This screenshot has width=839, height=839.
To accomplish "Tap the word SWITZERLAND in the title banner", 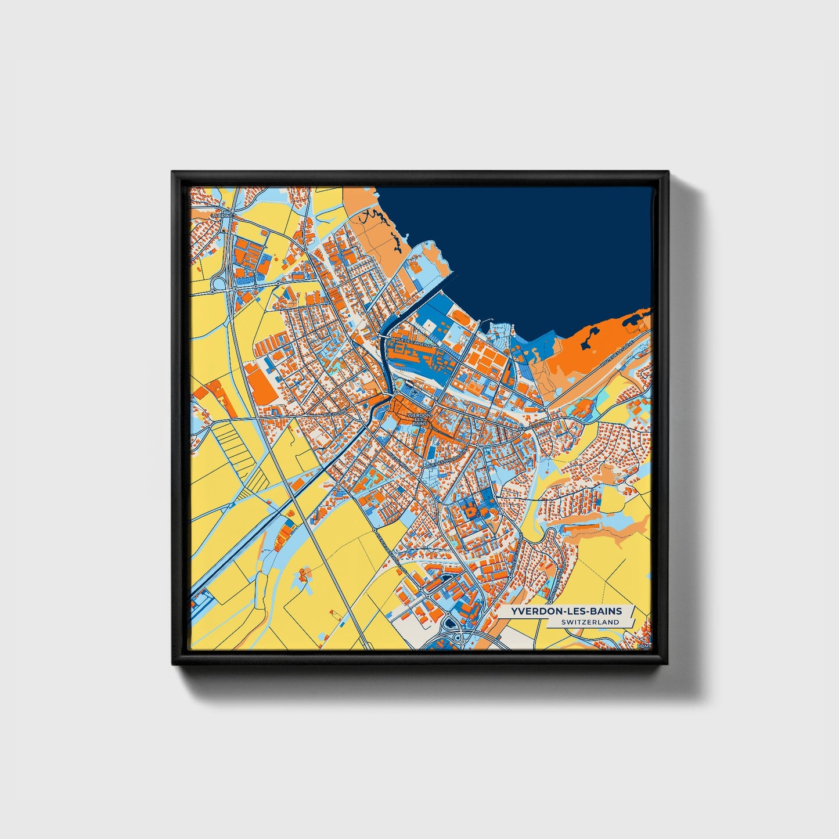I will coord(590,622).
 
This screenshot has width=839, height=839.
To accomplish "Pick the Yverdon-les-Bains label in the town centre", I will coord(419,420).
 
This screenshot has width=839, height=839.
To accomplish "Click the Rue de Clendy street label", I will coord(533,427).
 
